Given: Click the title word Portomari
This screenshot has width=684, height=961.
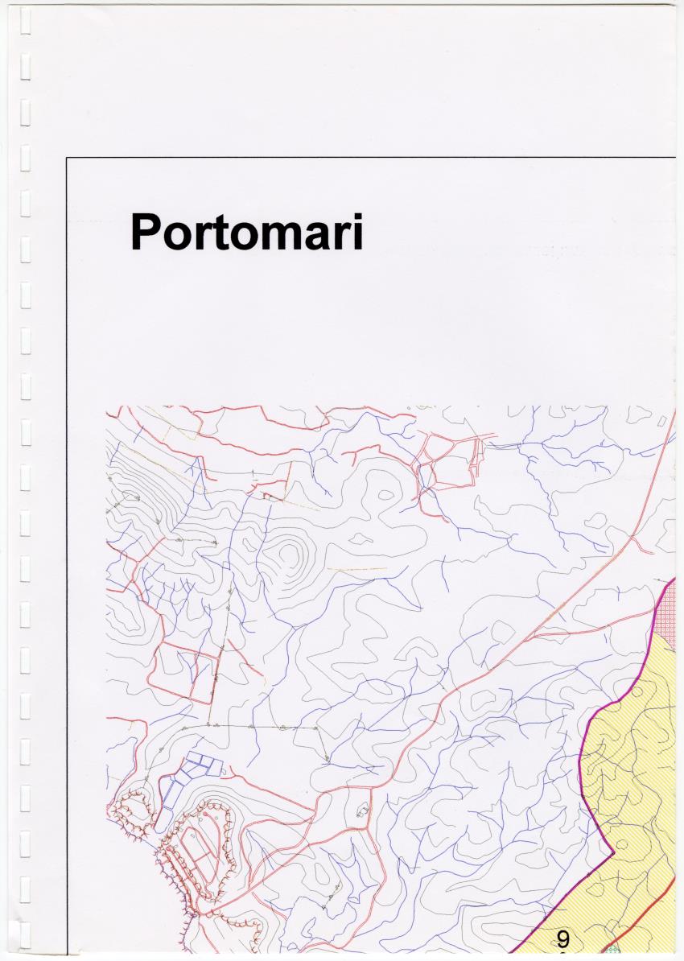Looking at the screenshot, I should click(x=246, y=232).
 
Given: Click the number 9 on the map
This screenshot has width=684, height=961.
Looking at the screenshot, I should click(x=562, y=938).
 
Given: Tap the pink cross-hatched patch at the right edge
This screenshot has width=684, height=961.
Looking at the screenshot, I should click(x=668, y=616).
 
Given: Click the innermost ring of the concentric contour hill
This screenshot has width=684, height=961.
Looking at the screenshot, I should click(x=290, y=555).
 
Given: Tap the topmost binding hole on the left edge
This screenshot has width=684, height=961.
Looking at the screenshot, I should click(x=26, y=25).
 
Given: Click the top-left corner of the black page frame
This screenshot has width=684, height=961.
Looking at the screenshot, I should click(x=67, y=158).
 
